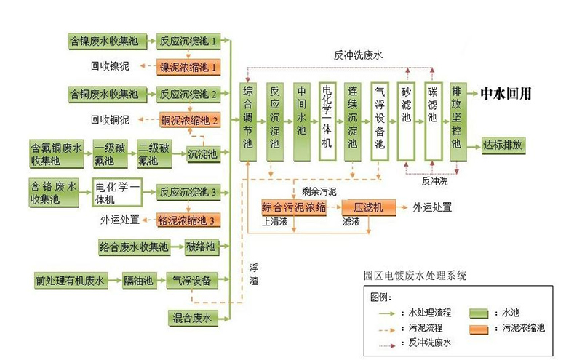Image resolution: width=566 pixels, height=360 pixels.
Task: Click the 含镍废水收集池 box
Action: pos(107,41)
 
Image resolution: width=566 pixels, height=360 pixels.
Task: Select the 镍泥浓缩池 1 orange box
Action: pos(188,67)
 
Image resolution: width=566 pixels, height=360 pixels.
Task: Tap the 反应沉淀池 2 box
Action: pos(188,94)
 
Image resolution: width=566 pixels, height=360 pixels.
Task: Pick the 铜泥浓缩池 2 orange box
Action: pos(189,120)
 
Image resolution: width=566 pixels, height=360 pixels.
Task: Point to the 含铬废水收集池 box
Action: pos(55,191)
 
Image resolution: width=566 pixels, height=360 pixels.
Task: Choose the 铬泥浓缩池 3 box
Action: pos(188,220)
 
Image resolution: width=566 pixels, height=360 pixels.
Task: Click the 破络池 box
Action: pos(200,247)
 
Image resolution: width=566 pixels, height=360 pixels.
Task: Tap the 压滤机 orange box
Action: pos(367,207)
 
